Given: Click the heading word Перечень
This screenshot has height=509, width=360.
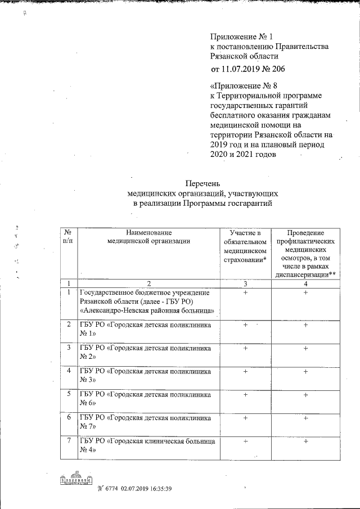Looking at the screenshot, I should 202,183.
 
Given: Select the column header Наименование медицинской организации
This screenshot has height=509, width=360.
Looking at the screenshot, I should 148,236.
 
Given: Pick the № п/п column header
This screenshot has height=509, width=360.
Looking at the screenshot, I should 68,236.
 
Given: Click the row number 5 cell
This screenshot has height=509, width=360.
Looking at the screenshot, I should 68,394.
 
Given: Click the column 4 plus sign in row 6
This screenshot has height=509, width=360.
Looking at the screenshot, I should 305,419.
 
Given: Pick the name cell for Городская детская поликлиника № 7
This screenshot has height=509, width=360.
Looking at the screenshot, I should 146,422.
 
